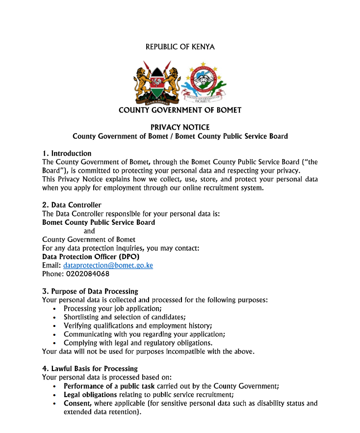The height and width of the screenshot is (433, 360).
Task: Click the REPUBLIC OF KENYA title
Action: coord(180,47)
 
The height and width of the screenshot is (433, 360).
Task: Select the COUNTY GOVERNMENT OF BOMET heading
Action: coord(180,110)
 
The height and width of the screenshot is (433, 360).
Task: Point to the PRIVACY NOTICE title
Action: coord(180,127)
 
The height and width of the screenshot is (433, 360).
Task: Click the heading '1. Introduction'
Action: coord(67,153)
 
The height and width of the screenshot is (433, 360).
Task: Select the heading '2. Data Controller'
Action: coord(72,205)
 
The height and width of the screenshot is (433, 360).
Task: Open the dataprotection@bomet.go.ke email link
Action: coord(108,265)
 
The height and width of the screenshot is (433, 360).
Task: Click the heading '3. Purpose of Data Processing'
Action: coord(90,291)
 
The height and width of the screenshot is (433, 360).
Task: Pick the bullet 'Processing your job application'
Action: coord(113,308)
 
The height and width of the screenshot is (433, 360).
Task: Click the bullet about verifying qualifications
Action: coord(138,325)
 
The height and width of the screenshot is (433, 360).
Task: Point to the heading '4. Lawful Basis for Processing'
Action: coord(90,369)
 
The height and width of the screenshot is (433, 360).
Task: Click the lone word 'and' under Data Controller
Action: coord(89,231)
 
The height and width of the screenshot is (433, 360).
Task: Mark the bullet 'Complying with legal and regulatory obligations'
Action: coord(138,343)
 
